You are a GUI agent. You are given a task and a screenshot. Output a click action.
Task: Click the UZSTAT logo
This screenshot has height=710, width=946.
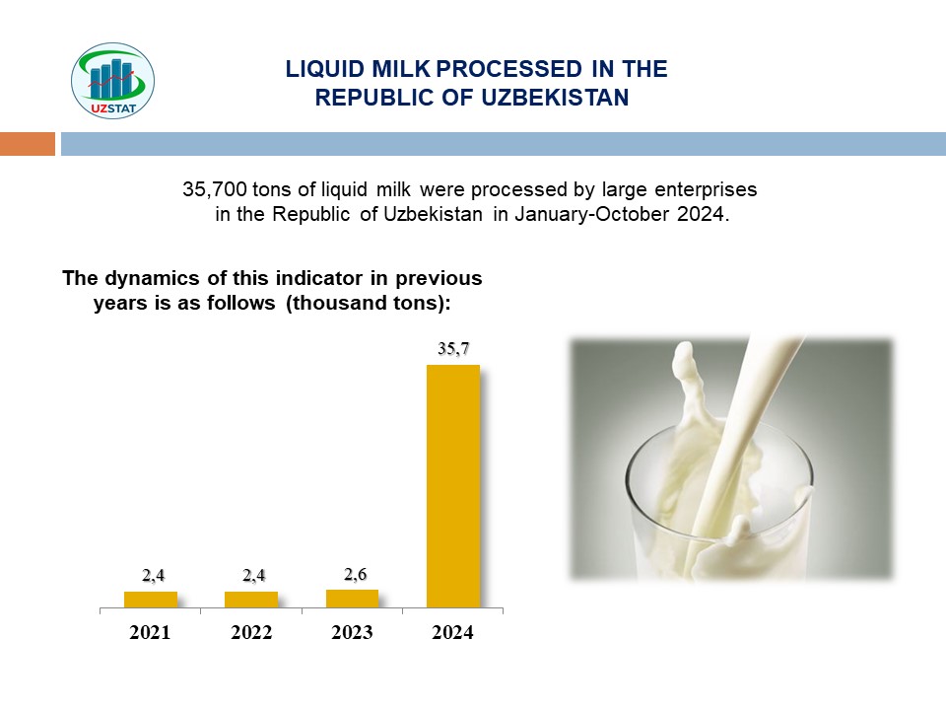[x=113, y=81]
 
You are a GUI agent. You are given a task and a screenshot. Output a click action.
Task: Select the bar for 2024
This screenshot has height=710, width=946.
[x=452, y=485]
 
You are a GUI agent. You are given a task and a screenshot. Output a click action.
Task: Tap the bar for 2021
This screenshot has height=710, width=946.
[x=151, y=599]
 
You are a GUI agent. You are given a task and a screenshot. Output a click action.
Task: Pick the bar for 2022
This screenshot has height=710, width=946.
[x=251, y=599]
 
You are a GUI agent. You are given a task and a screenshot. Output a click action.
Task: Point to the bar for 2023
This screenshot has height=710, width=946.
[x=352, y=598]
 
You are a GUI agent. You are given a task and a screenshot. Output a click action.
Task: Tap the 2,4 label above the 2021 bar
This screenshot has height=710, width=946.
[x=153, y=576]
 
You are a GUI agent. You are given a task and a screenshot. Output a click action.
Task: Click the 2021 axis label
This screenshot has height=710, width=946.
[x=151, y=633]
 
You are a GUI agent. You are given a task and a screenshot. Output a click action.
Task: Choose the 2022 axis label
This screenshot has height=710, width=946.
[x=251, y=633]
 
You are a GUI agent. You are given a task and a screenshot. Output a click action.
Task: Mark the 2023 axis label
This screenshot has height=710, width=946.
[x=352, y=633]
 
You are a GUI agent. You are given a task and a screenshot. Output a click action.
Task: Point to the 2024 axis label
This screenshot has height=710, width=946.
[x=452, y=633]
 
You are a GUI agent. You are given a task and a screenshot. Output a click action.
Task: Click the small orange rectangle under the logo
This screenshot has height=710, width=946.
[x=28, y=144]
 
